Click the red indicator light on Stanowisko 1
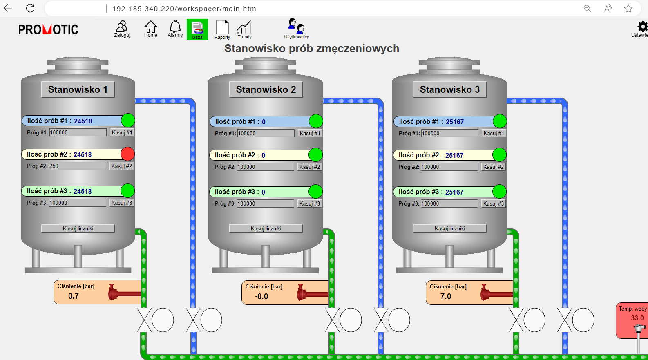click(x=127, y=154)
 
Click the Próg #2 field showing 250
click(x=77, y=166)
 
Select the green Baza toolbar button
click(x=197, y=29)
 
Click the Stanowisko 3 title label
click(x=449, y=89)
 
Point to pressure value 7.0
click(x=446, y=297)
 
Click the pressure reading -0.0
click(x=261, y=297)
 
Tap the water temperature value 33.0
click(x=637, y=318)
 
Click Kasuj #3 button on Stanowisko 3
click(x=493, y=203)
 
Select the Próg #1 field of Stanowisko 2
click(x=265, y=133)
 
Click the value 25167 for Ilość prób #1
click(x=454, y=122)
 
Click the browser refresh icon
click(x=30, y=8)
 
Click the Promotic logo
click(x=48, y=29)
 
